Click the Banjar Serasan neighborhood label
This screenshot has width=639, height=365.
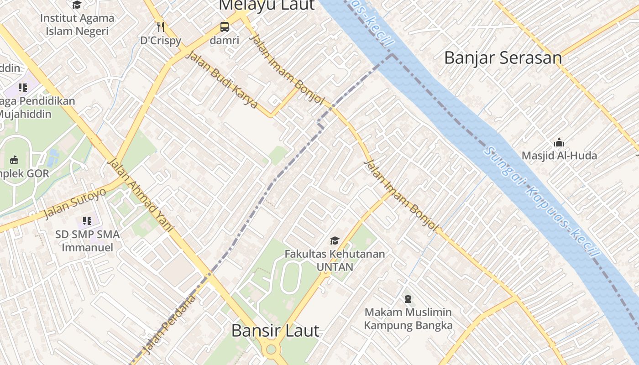pos(503,58)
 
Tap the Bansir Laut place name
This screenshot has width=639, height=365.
pos(275,330)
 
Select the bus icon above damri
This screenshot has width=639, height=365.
pos(225,27)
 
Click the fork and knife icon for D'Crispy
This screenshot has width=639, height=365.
pos(160,27)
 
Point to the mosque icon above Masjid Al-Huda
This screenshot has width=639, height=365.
pos(559,142)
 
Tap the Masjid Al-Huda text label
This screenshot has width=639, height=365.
pos(559,156)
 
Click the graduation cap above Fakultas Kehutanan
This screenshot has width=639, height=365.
pos(335,240)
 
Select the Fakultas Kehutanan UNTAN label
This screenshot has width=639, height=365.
pos(335,260)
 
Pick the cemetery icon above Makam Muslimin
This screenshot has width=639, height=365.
pos(408,299)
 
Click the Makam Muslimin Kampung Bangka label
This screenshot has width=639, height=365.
pos(408,318)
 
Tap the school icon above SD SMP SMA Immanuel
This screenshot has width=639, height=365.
pos(87,221)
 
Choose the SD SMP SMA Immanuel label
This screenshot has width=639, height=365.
pos(87,241)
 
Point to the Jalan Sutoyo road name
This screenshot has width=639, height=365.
pos(75,203)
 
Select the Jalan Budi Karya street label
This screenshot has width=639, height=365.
pos(222,80)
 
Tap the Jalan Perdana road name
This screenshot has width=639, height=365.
pos(169,324)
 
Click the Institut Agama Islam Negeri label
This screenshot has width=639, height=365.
pos(77,25)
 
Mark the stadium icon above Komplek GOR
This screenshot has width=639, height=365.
pos(14,160)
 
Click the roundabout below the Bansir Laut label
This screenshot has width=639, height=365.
pos(271,350)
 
